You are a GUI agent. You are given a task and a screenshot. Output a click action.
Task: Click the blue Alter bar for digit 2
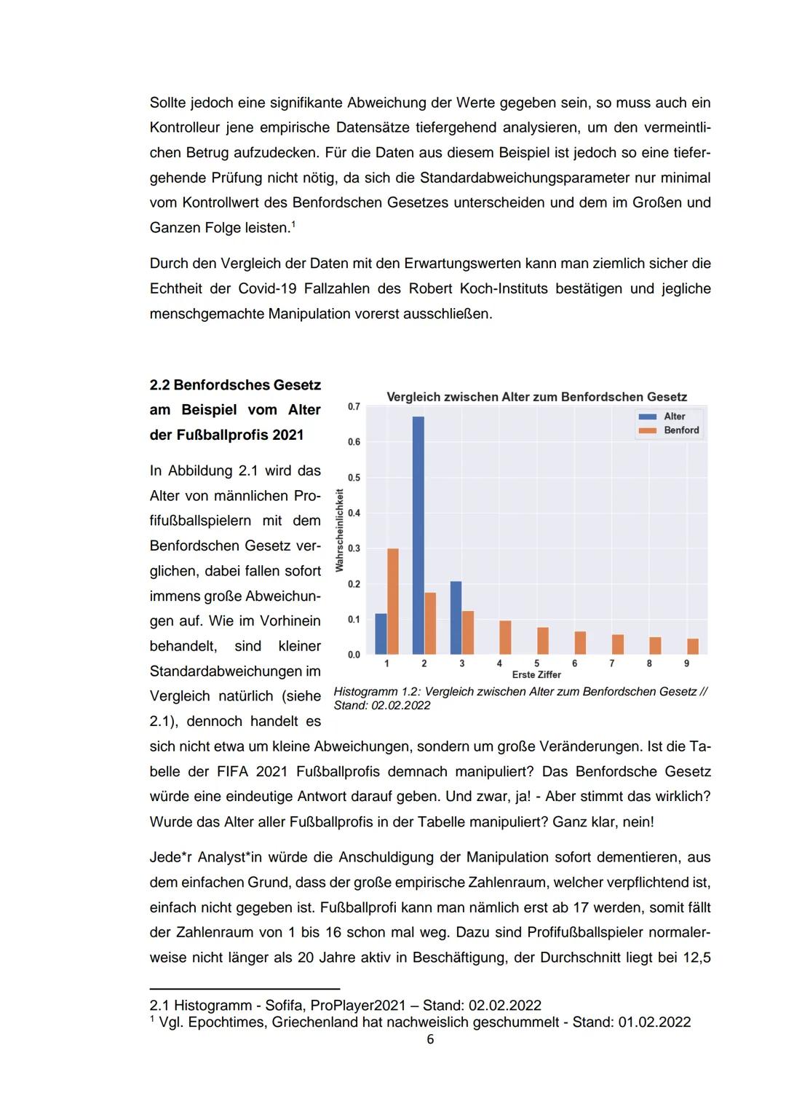point(418,535)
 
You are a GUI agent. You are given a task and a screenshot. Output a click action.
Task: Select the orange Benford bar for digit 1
point(393,601)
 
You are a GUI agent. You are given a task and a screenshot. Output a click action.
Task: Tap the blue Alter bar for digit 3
point(456,618)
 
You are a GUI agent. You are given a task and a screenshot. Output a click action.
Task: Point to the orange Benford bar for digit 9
point(693,647)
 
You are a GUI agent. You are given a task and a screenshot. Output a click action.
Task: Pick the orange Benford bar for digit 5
point(543,641)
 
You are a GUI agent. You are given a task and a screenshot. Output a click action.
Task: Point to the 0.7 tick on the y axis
point(354,406)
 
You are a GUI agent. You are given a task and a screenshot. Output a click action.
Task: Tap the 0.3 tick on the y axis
point(354,548)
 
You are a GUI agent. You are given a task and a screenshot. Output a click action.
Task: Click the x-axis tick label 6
point(574,663)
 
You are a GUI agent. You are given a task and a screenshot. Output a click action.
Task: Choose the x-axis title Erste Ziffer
point(536,675)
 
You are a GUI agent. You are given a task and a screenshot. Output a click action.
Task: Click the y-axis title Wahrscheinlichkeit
point(339,530)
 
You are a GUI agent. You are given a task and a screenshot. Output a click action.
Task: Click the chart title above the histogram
point(536,397)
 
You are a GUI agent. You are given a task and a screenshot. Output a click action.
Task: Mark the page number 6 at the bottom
point(430,1040)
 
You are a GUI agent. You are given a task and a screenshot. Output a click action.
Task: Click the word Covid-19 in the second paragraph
point(267,288)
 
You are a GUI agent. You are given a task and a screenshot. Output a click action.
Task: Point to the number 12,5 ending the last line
point(696,958)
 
